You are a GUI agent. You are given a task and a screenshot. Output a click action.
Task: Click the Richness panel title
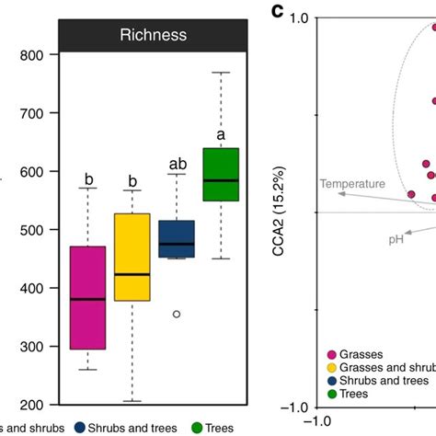pos(154,37)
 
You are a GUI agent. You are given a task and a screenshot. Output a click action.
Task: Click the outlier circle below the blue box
pos(177,314)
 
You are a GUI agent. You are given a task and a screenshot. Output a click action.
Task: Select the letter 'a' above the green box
pos(220,135)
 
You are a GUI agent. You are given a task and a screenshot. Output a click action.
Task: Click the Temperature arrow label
pos(352,184)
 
